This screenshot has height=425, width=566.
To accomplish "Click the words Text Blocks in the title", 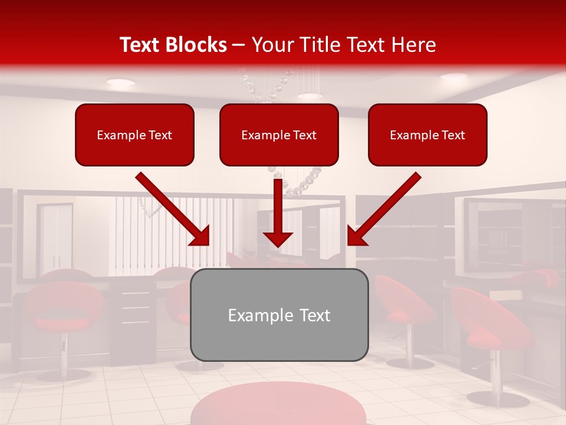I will (173, 45).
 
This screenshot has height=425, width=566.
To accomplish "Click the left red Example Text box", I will (134, 135).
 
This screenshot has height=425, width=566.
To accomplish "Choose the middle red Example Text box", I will (279, 135).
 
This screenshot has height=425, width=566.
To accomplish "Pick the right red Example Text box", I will (427, 135).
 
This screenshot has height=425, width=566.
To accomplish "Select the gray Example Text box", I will (279, 315).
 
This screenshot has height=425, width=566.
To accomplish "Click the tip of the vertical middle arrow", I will (278, 244).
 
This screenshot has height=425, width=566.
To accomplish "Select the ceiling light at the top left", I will (120, 83).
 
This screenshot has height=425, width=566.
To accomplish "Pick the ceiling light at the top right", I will (453, 77).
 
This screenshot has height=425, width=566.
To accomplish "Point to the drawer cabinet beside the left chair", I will (134, 313).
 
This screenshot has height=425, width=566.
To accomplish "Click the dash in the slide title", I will (239, 45).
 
